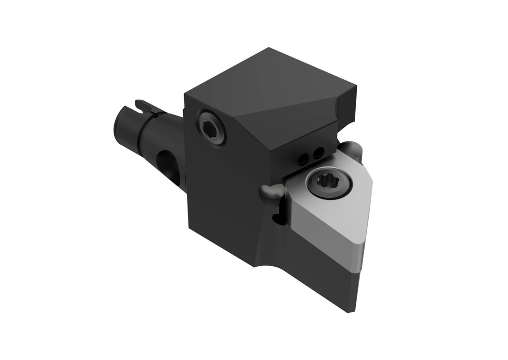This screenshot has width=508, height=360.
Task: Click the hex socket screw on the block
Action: (x=211, y=127)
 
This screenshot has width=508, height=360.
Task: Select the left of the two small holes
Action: (x=302, y=159)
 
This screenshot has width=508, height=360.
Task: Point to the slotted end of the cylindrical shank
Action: (x=130, y=119)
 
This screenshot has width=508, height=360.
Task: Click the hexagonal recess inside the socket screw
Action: (x=211, y=127)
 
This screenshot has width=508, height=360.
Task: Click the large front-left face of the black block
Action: (x=223, y=198)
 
